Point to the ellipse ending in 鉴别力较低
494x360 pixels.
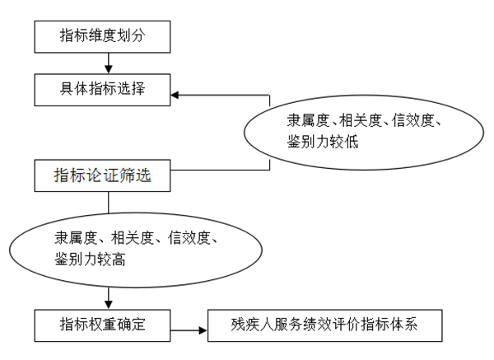pos(245,133)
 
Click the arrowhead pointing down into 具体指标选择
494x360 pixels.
pos(109,69)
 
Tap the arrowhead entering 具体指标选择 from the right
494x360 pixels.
pos(175,95)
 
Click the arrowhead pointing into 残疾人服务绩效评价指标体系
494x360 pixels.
pos(203,330)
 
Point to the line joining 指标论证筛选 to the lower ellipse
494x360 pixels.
pos(109,203)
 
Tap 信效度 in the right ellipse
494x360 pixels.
pos(413,121)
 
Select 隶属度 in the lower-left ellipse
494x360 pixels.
pos(76,238)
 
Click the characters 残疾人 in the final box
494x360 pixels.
pos(252,325)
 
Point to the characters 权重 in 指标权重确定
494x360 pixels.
pos(103,325)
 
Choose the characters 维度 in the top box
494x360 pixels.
pos(103,35)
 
